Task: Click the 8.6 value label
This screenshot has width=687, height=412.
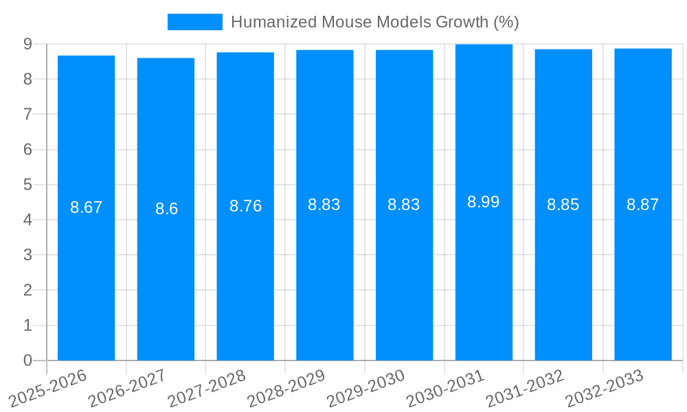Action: pyautogui.click(x=166, y=209)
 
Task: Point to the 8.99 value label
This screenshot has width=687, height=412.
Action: pyautogui.click(x=484, y=202)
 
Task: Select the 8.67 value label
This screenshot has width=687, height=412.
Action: pyautogui.click(x=86, y=207)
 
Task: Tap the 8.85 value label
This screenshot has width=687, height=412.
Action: pyautogui.click(x=563, y=205)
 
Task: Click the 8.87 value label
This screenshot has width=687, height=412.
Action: pyautogui.click(x=643, y=204)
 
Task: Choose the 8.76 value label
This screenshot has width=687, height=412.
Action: pyautogui.click(x=245, y=206)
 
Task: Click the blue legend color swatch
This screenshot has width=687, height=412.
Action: pyautogui.click(x=195, y=22)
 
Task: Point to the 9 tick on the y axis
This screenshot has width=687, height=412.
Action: pyautogui.click(x=27, y=44)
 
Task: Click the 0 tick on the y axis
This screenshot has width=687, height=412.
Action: pyautogui.click(x=27, y=360)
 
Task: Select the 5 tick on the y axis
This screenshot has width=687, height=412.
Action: pyautogui.click(x=27, y=185)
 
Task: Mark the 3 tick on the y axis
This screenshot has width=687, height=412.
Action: pyautogui.click(x=27, y=255)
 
